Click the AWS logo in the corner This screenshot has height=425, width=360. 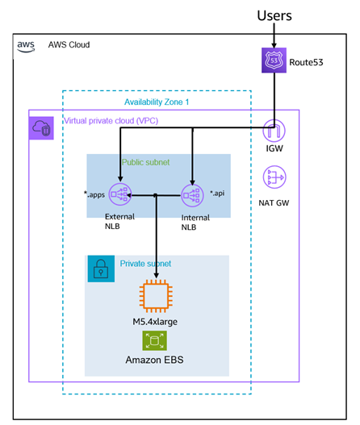pos(26,45)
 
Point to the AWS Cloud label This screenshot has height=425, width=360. pos(69,45)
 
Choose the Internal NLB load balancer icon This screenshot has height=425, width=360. pos(193,195)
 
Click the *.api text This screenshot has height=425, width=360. pos(217,194)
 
